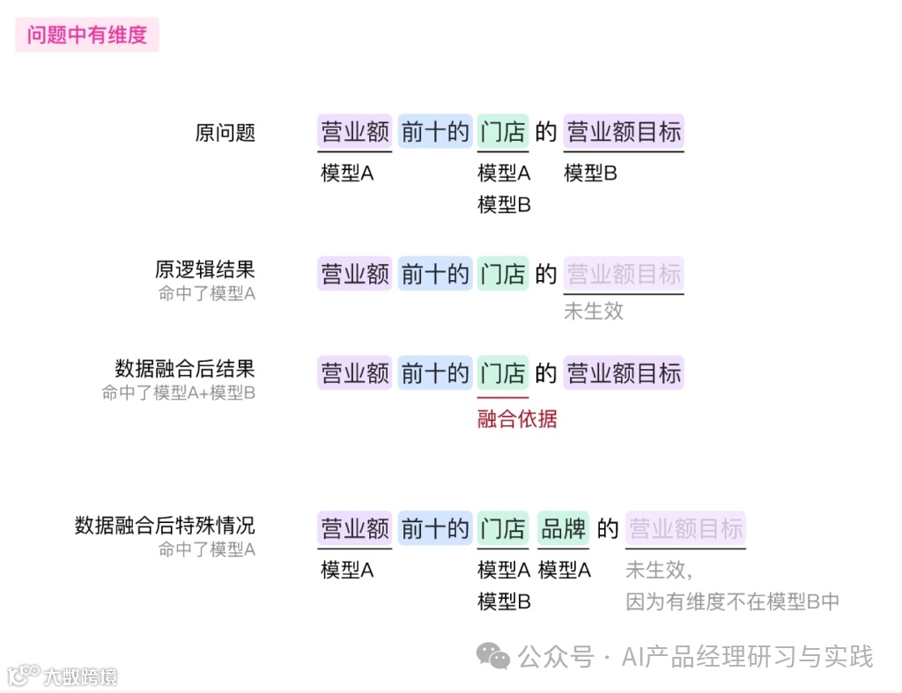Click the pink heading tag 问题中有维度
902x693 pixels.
(x=86, y=36)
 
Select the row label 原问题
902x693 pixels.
(x=225, y=133)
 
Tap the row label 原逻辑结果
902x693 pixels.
(x=205, y=269)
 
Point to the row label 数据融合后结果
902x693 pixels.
(x=185, y=368)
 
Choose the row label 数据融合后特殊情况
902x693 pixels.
(x=165, y=526)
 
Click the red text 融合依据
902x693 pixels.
(x=517, y=419)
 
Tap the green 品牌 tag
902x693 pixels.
(x=564, y=528)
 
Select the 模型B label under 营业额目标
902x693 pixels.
(x=590, y=173)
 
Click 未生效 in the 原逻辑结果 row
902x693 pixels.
(x=594, y=311)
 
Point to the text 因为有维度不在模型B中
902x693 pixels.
(x=732, y=601)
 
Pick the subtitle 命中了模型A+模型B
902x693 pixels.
(x=178, y=393)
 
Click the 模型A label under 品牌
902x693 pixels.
(x=564, y=570)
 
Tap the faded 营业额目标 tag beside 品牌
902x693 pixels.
(x=685, y=528)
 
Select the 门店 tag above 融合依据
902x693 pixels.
(x=503, y=373)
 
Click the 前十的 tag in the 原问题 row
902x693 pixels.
(x=435, y=132)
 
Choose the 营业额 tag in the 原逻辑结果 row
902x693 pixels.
(x=355, y=274)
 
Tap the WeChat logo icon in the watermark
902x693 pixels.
(x=493, y=656)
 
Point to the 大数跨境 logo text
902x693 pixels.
(x=82, y=676)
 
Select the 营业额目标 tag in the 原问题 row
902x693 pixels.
(x=624, y=132)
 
